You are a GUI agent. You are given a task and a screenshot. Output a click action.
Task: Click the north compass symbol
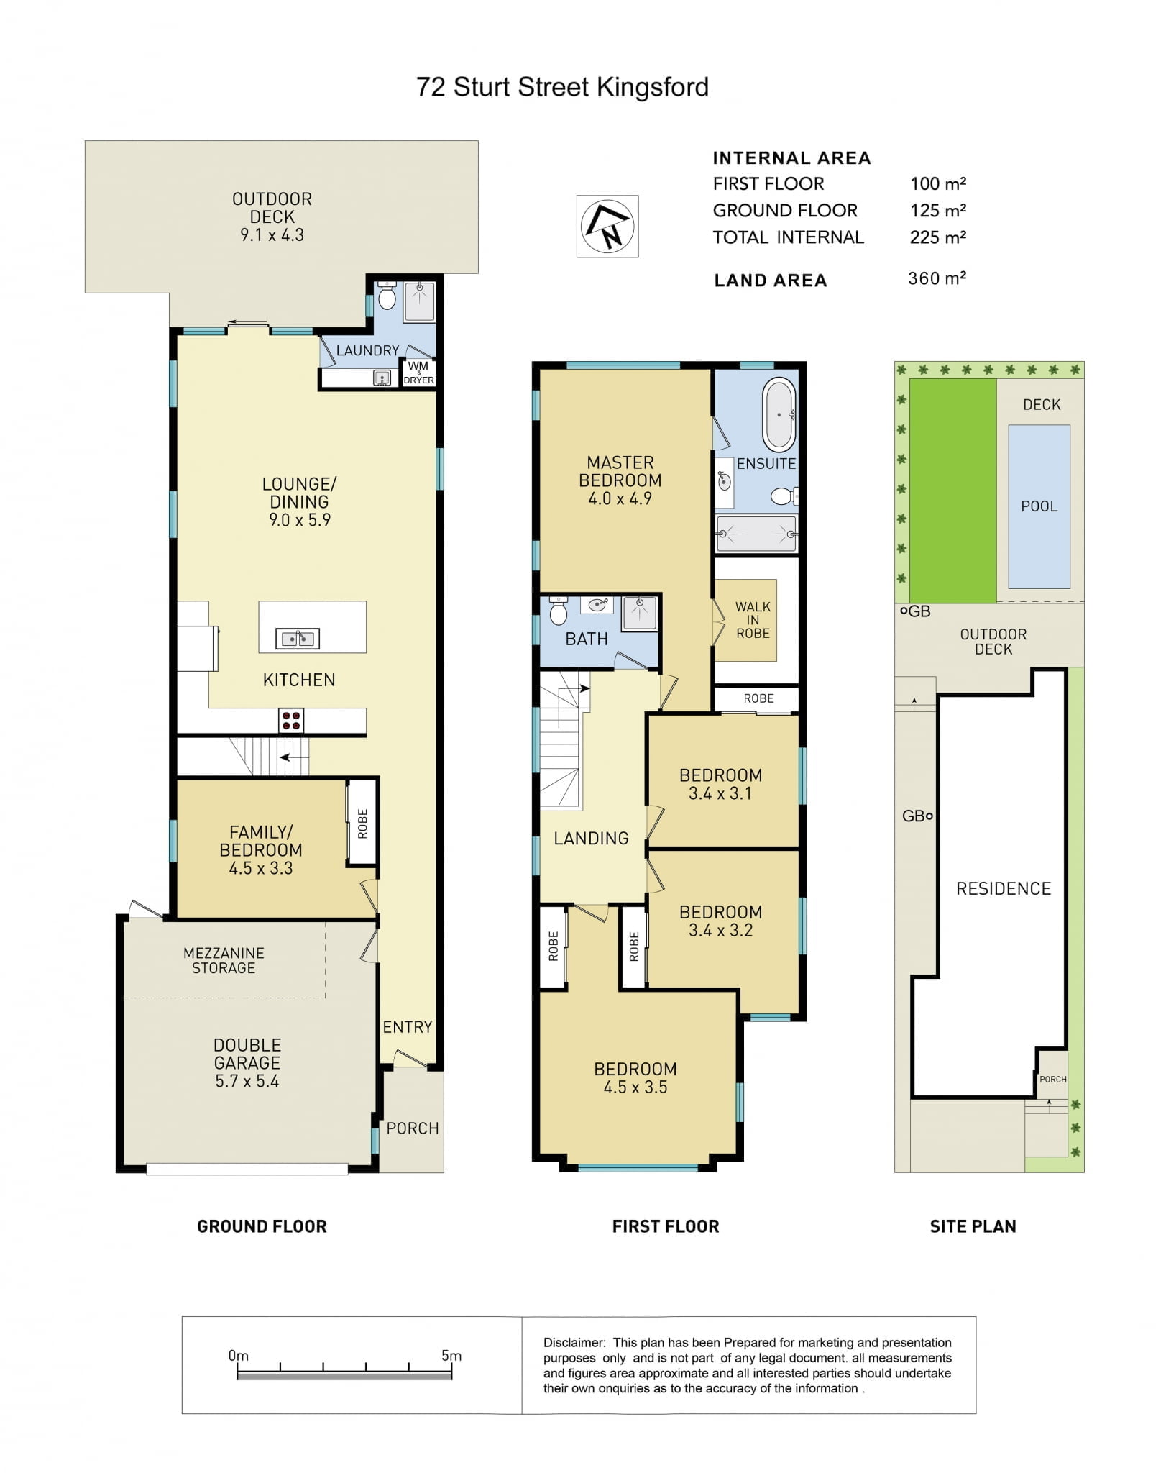pyautogui.click(x=607, y=227)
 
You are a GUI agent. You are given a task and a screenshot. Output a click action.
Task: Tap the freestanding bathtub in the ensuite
pyautogui.click(x=779, y=416)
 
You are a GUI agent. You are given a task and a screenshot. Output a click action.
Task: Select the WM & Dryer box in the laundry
pyautogui.click(x=418, y=373)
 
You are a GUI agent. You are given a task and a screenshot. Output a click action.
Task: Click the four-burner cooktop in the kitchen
pyautogui.click(x=292, y=721)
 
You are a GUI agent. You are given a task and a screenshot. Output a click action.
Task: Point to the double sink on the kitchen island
pyautogui.click(x=298, y=638)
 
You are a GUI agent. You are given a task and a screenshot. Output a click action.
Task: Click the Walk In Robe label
pyautogui.click(x=753, y=620)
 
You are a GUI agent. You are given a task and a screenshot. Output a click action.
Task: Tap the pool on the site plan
pyautogui.click(x=1039, y=507)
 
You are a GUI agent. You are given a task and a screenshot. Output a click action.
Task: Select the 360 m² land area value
pyautogui.click(x=937, y=278)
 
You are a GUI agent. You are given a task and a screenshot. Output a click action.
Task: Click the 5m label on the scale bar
pyautogui.click(x=451, y=1356)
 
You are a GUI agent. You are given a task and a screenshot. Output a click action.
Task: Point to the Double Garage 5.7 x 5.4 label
pyautogui.click(x=247, y=1063)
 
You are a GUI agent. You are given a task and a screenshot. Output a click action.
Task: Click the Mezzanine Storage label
pyautogui.click(x=224, y=960)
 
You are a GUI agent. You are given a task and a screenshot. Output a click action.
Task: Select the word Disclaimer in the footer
pyautogui.click(x=574, y=1343)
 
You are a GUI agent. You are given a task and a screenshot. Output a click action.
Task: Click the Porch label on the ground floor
pyautogui.click(x=413, y=1128)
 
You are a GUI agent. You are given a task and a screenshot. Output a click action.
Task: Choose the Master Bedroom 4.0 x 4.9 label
pyautogui.click(x=620, y=480)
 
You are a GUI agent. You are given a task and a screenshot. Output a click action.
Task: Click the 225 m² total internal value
pyautogui.click(x=937, y=237)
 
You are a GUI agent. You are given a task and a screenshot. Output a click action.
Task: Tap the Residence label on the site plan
pyautogui.click(x=1004, y=888)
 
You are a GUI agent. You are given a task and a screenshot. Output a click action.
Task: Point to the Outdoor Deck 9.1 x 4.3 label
pyautogui.click(x=272, y=216)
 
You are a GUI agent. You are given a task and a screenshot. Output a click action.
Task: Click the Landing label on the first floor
pyautogui.click(x=591, y=838)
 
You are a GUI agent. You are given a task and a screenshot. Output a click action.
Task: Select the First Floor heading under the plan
pyautogui.click(x=666, y=1226)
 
